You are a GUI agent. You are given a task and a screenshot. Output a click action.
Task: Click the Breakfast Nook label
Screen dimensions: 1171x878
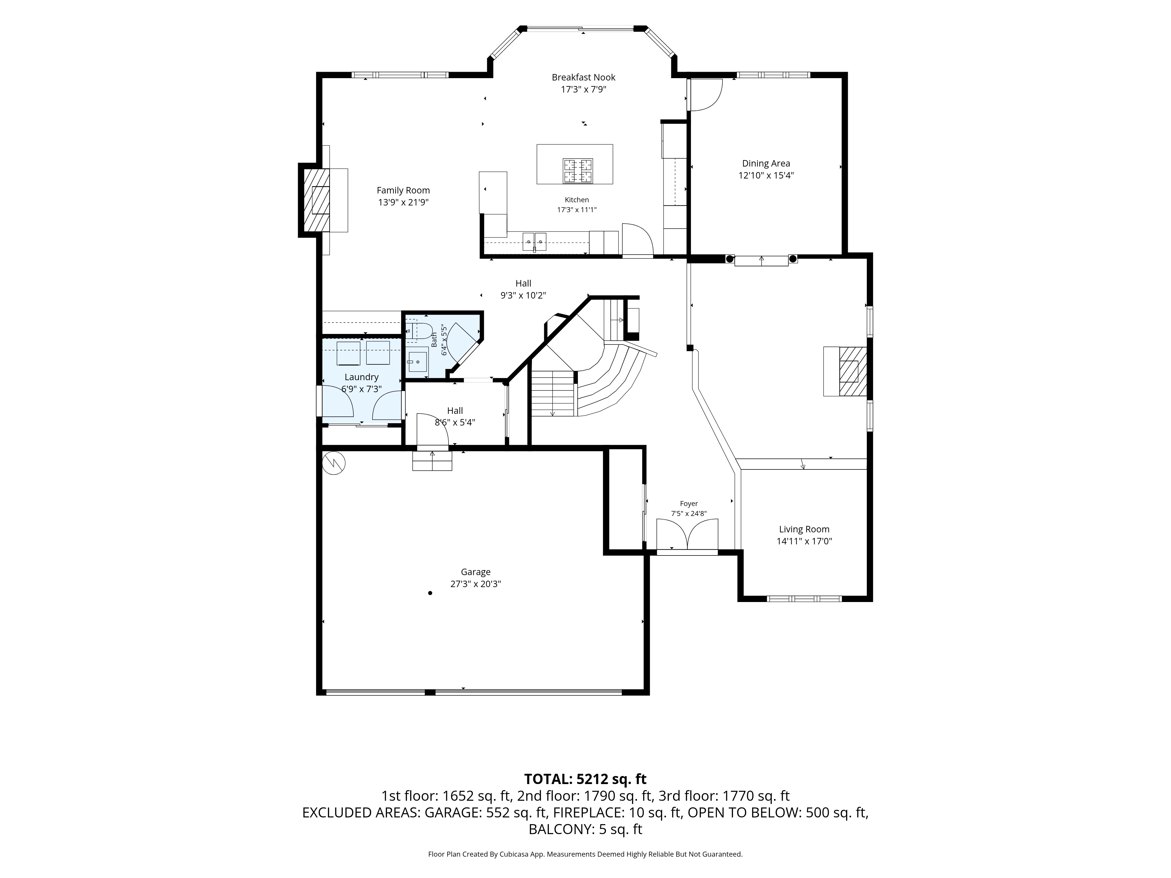(583, 77)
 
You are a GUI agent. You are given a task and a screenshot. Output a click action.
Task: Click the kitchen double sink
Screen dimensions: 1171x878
(535, 241)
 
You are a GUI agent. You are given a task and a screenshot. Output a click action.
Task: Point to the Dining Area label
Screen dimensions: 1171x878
(766, 164)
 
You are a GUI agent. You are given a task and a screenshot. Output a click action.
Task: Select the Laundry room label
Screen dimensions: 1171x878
(362, 377)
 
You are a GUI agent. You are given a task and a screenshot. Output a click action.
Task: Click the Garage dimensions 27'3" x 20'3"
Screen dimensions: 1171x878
(475, 584)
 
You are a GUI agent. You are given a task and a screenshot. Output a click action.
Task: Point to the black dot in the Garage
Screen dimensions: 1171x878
(430, 593)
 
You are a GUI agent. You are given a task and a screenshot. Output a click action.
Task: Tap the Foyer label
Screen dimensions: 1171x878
(689, 504)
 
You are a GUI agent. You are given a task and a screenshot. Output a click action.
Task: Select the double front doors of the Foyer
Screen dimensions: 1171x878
(687, 534)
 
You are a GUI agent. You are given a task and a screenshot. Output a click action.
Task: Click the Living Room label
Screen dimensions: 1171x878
(804, 529)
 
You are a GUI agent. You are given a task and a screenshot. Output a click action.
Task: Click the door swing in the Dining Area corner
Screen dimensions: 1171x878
(705, 95)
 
